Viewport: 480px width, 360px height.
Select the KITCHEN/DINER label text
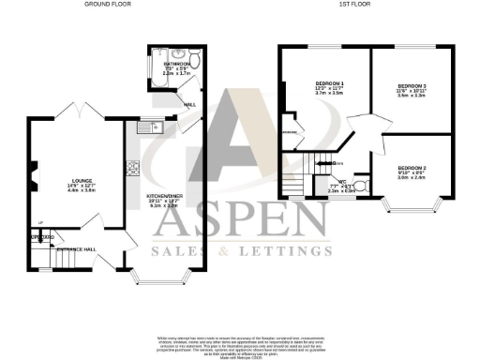164,197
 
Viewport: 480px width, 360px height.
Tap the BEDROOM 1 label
329,84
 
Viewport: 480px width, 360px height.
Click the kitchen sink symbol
155,126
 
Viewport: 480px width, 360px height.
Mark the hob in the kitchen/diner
133,170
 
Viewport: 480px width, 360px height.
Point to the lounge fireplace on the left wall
31,175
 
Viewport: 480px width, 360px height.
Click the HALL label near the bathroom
188,105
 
